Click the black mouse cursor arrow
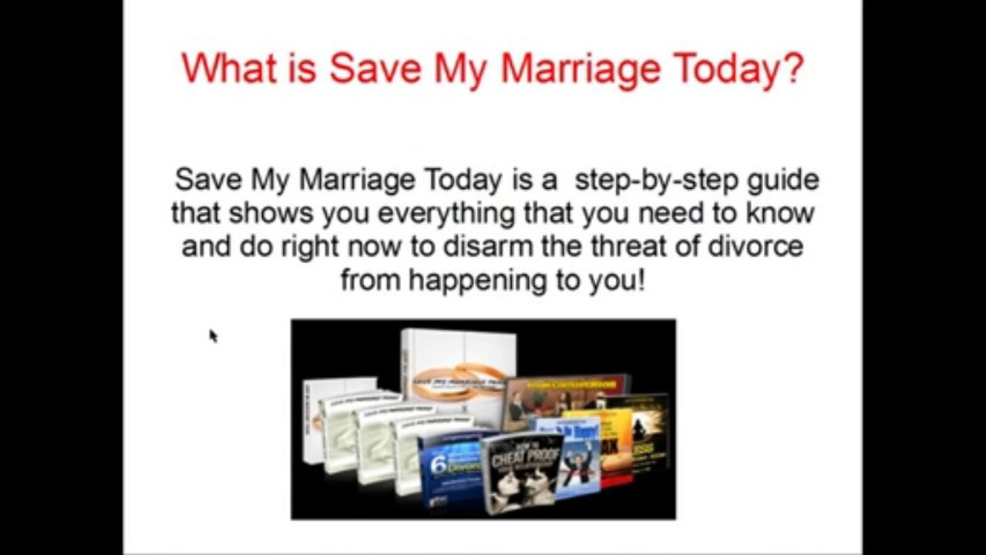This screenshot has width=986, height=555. (214, 335)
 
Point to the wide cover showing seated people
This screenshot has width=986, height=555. (567, 400)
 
